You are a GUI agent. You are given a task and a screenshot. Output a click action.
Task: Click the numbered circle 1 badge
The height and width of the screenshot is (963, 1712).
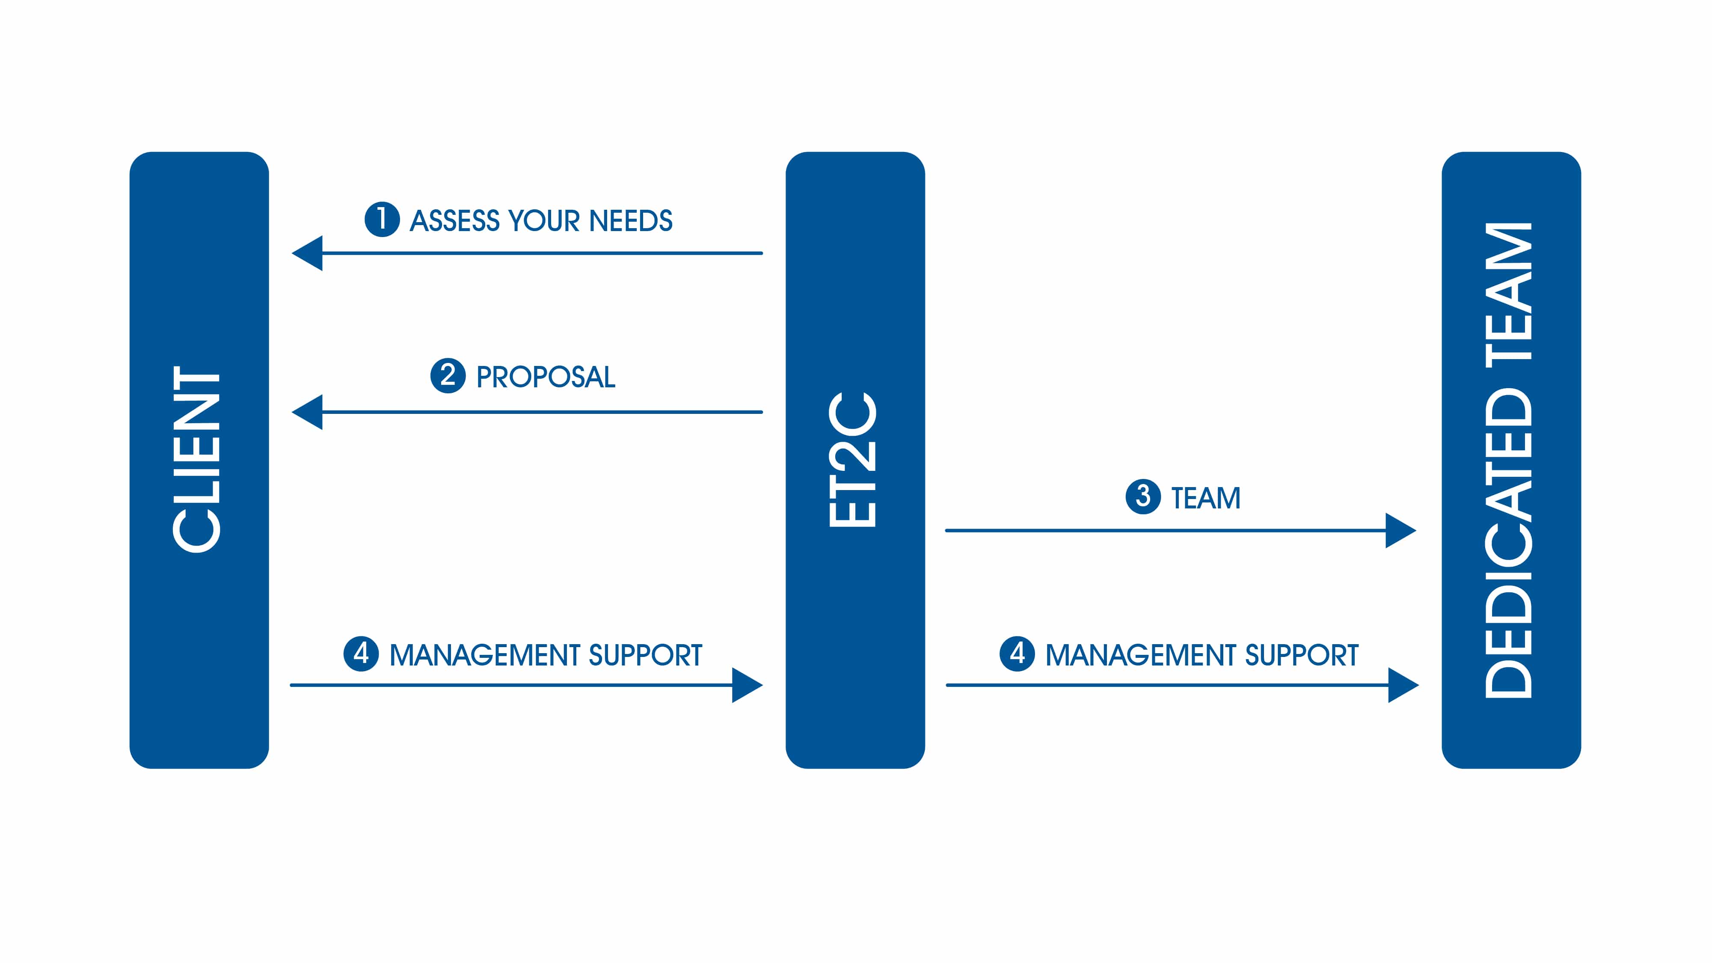coord(382,219)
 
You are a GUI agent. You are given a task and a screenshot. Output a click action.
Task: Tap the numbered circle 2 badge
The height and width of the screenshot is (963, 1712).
coord(448,375)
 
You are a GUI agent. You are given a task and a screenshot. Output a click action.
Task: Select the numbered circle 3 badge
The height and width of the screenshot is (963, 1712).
coord(1143,496)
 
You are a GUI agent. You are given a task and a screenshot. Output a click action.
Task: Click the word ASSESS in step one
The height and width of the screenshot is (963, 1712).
coord(454,221)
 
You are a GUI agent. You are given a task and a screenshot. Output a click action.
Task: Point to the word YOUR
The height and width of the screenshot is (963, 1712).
coord(544,221)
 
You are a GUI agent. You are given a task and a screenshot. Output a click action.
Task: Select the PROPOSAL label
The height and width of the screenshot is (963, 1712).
coord(546,377)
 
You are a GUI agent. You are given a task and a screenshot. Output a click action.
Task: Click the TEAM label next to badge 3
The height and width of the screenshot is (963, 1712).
coord(1205,498)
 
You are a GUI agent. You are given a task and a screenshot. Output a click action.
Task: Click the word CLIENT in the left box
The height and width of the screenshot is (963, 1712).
coord(196,458)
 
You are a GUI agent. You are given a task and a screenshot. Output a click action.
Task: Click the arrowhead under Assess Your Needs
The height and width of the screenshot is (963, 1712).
coord(308,253)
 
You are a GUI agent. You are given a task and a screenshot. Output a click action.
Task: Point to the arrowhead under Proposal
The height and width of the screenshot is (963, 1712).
coord(308,412)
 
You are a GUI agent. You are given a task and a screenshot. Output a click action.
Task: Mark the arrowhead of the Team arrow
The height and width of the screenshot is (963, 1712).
coord(1401,530)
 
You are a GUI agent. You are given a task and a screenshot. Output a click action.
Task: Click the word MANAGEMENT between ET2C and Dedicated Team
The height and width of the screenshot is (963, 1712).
coord(1140,655)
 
